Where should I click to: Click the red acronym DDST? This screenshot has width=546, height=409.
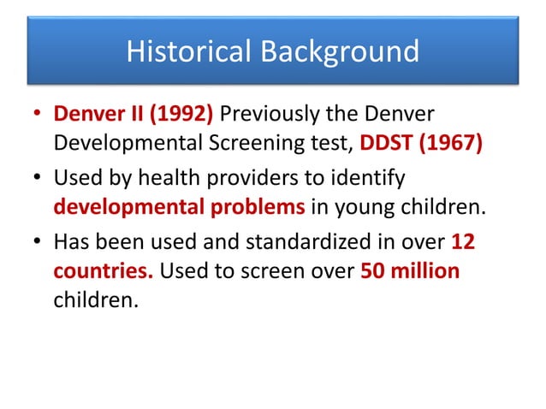click(x=387, y=142)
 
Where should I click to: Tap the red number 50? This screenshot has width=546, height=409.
click(x=373, y=270)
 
